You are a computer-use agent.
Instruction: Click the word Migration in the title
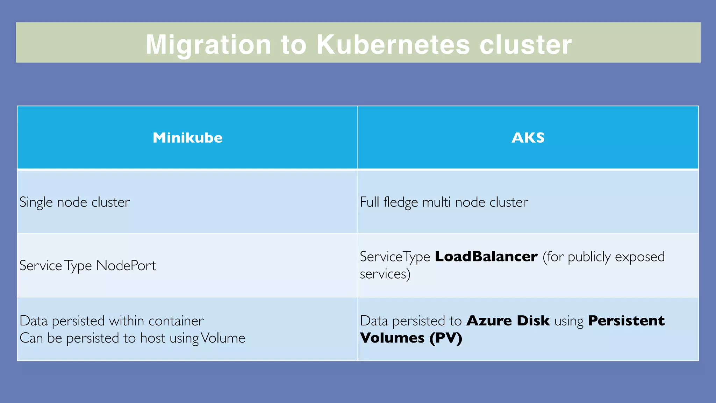click(208, 45)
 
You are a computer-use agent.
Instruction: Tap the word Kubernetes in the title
click(393, 45)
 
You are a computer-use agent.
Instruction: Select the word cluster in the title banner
click(525, 45)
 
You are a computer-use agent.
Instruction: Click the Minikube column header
click(187, 138)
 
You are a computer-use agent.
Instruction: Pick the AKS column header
click(528, 138)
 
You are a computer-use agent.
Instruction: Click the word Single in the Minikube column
click(36, 202)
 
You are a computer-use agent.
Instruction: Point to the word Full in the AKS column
click(369, 202)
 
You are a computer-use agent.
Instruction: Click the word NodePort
click(126, 266)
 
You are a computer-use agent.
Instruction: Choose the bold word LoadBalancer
click(486, 257)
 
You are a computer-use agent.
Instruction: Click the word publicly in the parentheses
click(589, 257)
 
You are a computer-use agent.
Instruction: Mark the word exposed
click(640, 257)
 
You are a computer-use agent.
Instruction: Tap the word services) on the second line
click(385, 274)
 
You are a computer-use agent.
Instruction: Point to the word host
click(152, 338)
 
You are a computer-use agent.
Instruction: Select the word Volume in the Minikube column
click(223, 338)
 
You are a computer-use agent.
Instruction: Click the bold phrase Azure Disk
click(508, 321)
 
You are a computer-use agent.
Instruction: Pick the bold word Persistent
click(626, 321)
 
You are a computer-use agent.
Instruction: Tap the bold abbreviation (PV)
click(446, 338)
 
